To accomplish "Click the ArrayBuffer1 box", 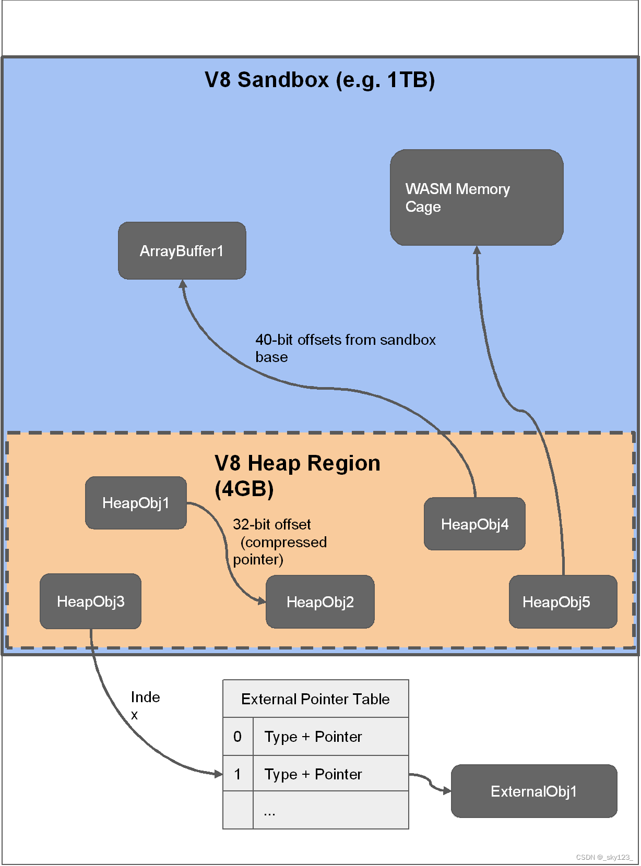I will [x=182, y=251].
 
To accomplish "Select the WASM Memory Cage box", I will [x=476, y=198].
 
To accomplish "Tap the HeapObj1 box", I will [x=136, y=503].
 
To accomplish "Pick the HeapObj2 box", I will [x=320, y=602].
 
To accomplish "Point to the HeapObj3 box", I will [x=90, y=602].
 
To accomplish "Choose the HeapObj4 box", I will [x=474, y=524].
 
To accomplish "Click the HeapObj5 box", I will [x=563, y=602].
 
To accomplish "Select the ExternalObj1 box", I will [x=533, y=791].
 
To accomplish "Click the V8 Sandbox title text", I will [x=319, y=80].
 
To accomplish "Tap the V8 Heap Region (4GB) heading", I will [x=297, y=476].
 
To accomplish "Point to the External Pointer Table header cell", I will [x=315, y=699].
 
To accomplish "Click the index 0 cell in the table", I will [x=238, y=737].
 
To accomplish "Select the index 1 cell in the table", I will [x=238, y=774].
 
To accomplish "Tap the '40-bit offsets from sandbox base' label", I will [x=345, y=348].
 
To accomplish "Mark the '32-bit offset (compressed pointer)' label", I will [x=279, y=542].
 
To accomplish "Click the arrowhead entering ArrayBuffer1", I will [x=183, y=284].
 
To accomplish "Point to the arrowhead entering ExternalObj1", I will [x=447, y=791].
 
